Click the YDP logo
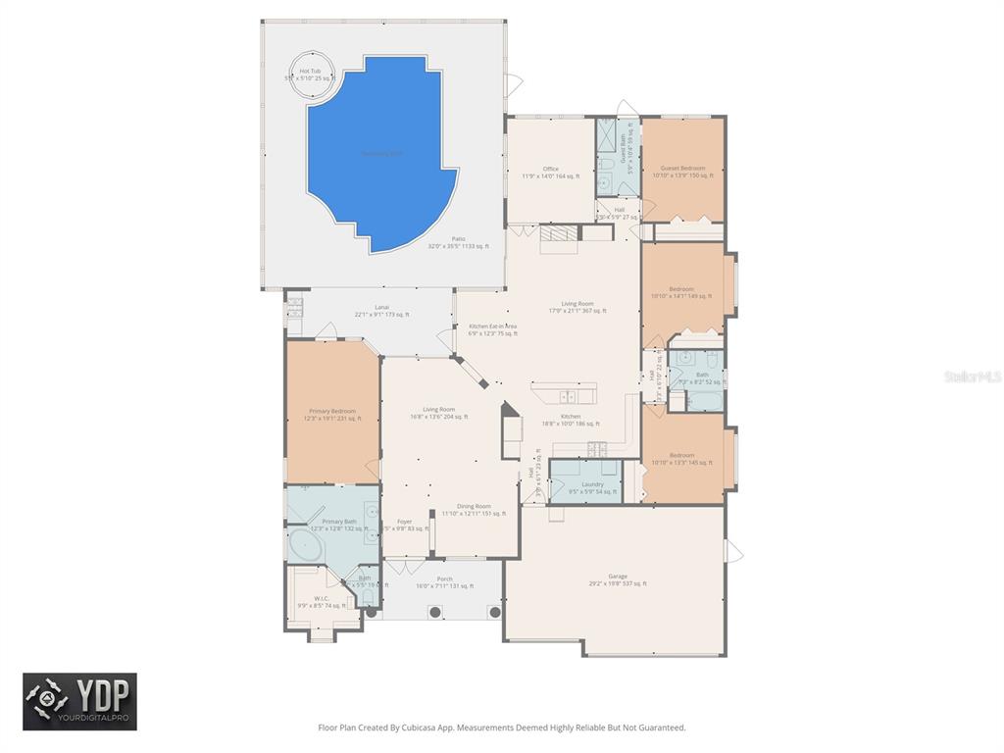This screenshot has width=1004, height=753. pos(80,701)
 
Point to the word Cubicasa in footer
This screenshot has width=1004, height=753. pos(424,728)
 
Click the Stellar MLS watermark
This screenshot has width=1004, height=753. pos(973,376)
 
